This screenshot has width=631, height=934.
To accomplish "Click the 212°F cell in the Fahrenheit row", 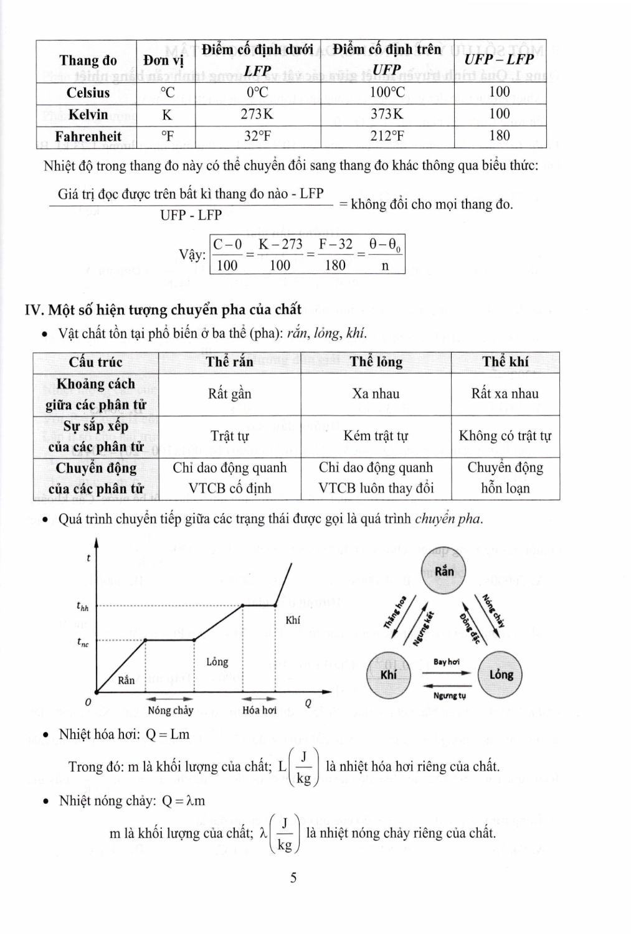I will [387, 136].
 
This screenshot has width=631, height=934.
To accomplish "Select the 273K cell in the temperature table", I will [257, 115].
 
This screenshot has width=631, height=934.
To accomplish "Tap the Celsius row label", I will [88, 93].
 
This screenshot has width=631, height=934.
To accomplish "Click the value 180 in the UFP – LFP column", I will [500, 136].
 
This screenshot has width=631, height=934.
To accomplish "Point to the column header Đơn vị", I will [164, 60].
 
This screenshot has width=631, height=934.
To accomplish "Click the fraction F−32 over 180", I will [335, 255].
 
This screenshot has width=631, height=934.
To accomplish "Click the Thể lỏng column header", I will [376, 362].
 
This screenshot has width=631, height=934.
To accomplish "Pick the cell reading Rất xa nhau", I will [505, 394].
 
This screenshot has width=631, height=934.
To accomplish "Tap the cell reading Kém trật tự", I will [376, 436].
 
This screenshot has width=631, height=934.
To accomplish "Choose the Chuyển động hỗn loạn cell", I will [505, 478].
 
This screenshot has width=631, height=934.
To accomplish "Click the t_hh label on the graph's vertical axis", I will [82, 605].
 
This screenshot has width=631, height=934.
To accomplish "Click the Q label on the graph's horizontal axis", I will [307, 704].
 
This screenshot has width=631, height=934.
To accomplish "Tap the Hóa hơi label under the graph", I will [259, 710].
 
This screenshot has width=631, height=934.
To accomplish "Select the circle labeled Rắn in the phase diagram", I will [444, 572].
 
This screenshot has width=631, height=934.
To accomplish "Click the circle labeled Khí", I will [388, 675].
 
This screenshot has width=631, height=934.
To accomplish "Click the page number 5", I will [293, 877].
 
